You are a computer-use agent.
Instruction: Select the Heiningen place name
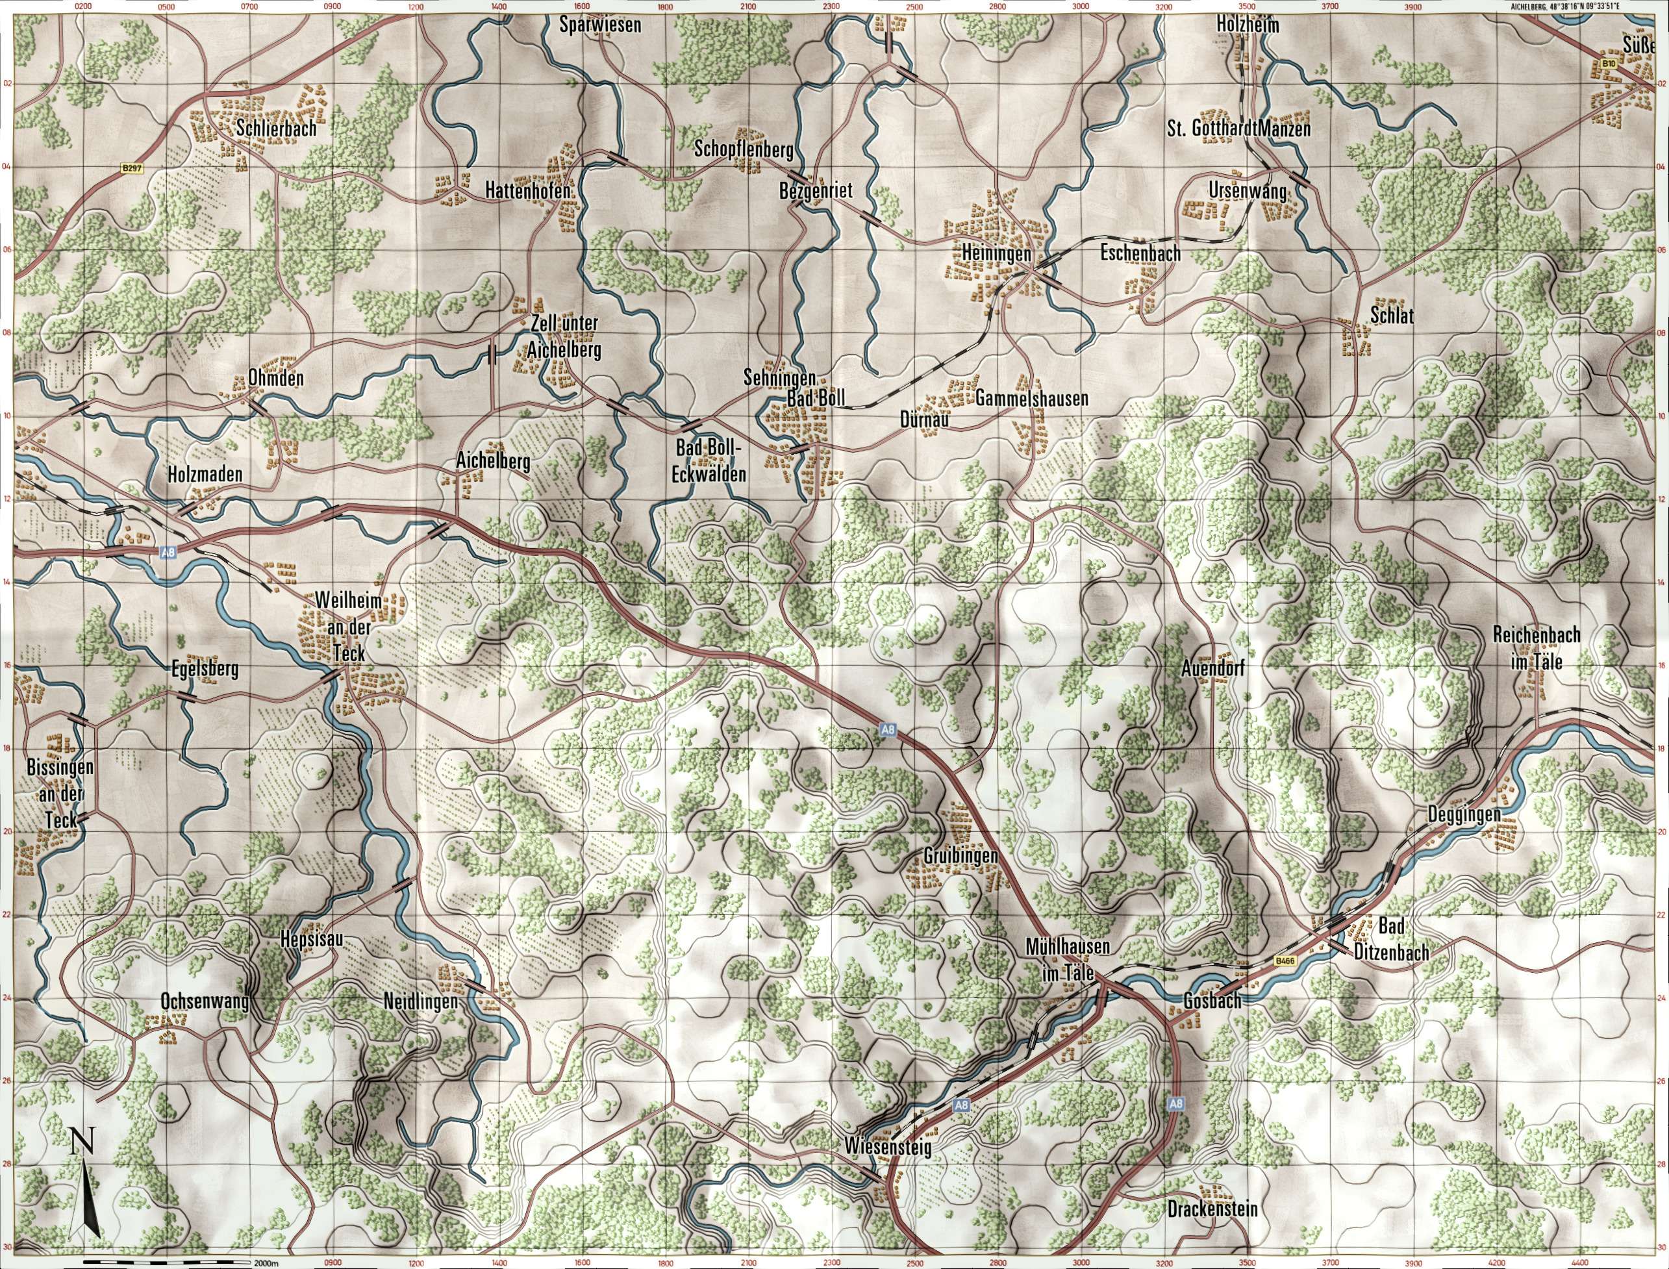(x=996, y=255)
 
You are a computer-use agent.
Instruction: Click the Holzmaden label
(x=205, y=474)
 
